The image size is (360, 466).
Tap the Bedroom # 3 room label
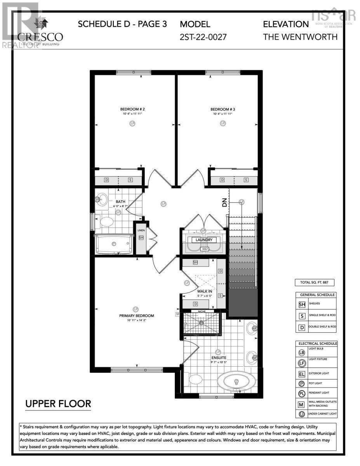(x=223, y=109)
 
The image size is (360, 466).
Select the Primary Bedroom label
(x=136, y=316)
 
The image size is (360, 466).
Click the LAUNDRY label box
(x=204, y=240)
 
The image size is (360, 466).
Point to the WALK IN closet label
(x=204, y=291)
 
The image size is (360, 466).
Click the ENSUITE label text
(x=219, y=358)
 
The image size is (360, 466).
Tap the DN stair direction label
(x=224, y=203)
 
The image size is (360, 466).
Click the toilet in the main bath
(x=106, y=222)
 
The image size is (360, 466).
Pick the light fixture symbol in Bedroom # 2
(x=133, y=123)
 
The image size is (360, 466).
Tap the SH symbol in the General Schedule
(x=302, y=305)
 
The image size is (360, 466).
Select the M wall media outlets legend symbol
(x=302, y=404)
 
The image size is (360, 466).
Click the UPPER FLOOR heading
(x=58, y=404)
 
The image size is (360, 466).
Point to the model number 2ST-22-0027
(x=203, y=37)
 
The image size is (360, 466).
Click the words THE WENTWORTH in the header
(x=300, y=37)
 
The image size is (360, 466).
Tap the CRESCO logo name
(x=40, y=37)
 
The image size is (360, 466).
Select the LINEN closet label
(x=141, y=230)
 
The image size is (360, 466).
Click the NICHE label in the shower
(x=201, y=311)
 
